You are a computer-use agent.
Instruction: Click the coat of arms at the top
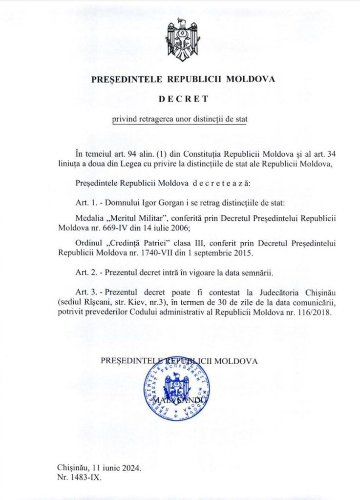click(x=181, y=40)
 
